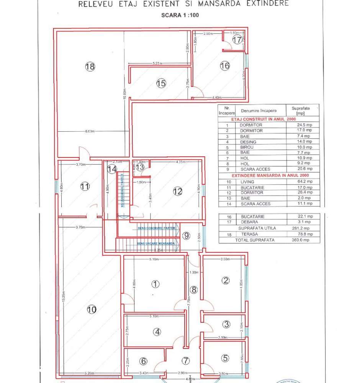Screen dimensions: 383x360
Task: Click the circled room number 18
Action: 90,67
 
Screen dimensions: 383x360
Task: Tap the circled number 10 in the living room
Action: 91,310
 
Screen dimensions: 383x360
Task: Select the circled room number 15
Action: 161,83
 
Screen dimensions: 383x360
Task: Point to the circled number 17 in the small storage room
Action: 237,40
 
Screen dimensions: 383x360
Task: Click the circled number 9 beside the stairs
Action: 186,236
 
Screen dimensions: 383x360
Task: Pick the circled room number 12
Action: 177,192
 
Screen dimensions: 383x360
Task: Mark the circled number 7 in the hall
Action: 186,360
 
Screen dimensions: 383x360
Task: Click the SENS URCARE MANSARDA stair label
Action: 156,244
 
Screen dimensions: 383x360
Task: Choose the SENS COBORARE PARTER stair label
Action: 156,228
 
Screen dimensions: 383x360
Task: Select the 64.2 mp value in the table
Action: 304,182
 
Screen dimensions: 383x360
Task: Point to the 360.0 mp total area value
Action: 304,240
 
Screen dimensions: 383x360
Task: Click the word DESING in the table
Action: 248,142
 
